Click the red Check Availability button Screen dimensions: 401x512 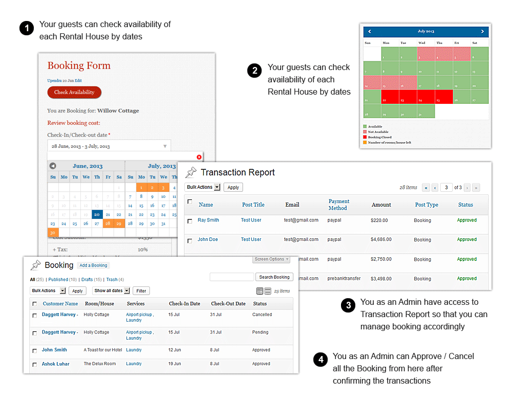(x=74, y=93)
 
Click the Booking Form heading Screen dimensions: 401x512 (x=79, y=65)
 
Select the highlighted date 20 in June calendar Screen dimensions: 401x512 (x=97, y=214)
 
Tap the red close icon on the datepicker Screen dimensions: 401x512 (x=199, y=157)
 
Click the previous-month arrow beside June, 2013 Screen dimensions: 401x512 (x=52, y=166)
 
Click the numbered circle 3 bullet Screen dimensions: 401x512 (x=348, y=306)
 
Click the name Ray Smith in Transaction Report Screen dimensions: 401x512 (x=208, y=220)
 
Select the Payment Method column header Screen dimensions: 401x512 (x=338, y=205)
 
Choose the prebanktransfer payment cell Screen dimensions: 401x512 (x=344, y=279)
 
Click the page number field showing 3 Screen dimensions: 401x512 (x=446, y=188)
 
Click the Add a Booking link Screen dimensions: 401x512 (x=93, y=265)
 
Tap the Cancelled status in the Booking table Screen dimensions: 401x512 (x=262, y=315)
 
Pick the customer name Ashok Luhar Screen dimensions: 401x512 (x=55, y=364)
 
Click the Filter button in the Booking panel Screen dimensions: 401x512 (x=141, y=291)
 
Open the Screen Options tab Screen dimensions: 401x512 (x=271, y=259)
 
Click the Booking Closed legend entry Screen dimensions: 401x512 (x=379, y=138)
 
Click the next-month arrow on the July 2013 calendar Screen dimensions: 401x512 (x=482, y=32)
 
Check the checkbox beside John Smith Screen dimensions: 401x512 (x=35, y=351)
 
